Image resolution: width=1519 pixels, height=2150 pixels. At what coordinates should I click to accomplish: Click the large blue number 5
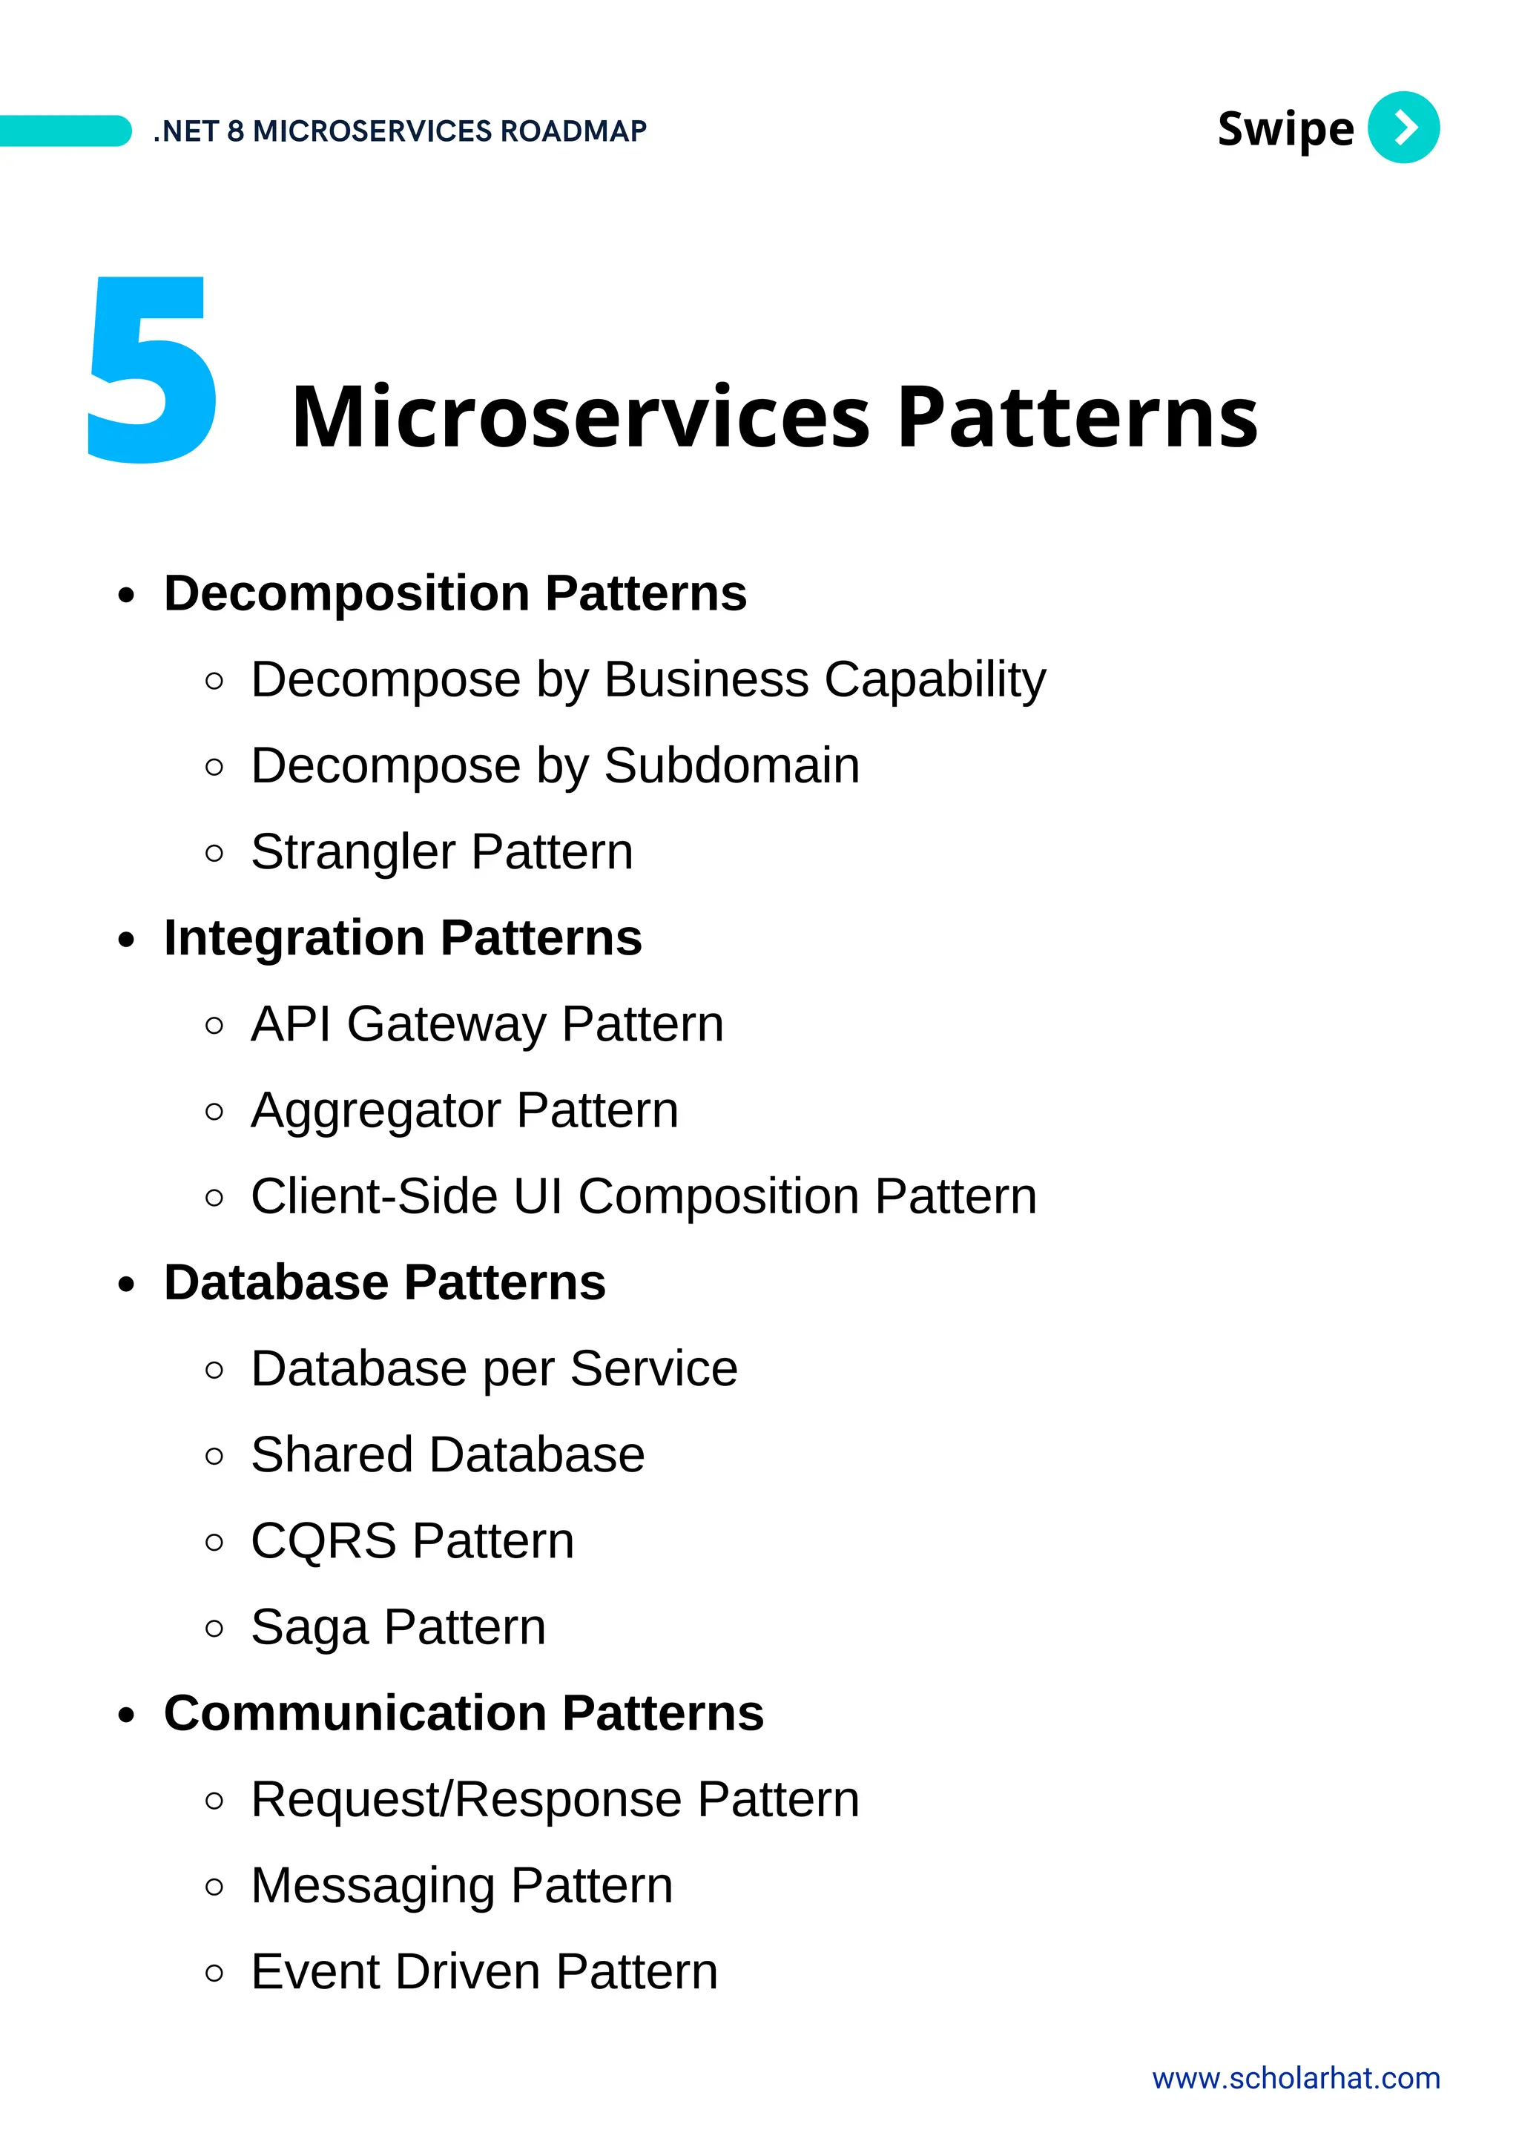[x=153, y=370]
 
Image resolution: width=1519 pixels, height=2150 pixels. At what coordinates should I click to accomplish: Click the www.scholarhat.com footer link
[x=1295, y=2078]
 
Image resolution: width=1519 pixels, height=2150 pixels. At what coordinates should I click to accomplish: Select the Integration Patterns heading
[x=403, y=937]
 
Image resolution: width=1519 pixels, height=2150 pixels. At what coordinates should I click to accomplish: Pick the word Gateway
[x=446, y=1024]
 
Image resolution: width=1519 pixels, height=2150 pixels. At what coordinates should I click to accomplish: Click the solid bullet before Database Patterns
[x=126, y=1284]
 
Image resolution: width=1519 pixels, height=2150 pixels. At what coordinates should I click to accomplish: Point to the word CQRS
[x=323, y=1540]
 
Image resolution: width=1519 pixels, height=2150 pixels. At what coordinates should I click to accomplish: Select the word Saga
[x=309, y=1627]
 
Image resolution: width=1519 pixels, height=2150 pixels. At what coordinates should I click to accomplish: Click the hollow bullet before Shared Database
[x=214, y=1456]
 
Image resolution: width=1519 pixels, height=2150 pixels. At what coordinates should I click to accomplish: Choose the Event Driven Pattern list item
[x=484, y=1971]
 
